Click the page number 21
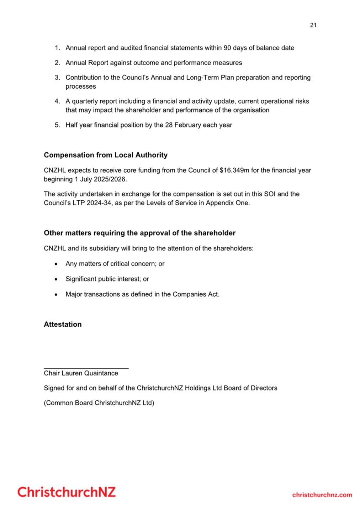[313, 25]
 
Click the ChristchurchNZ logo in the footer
[67, 492]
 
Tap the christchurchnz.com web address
[322, 495]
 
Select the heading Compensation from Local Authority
[106, 155]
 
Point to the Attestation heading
[63, 324]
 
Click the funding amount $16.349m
[234, 170]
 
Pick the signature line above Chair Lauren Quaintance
[86, 368]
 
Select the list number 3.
[57, 78]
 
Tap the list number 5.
[57, 125]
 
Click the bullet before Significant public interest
[56, 279]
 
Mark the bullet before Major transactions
[56, 295]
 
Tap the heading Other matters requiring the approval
[139, 233]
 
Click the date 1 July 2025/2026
[100, 179]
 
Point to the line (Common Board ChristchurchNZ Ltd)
[99, 403]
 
